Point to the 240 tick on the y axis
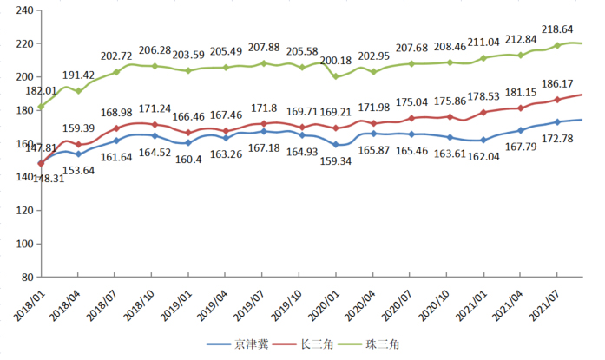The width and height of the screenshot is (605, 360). [24, 10]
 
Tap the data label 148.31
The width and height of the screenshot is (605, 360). [21, 179]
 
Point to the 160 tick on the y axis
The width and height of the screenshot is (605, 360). [24, 144]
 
